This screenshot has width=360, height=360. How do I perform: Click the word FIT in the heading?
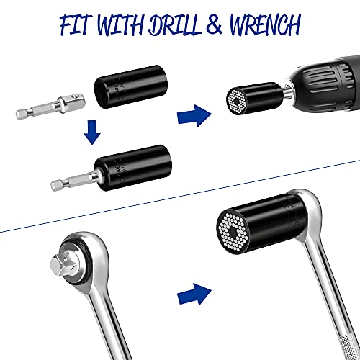(79, 27)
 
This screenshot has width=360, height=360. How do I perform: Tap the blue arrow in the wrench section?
(193, 292)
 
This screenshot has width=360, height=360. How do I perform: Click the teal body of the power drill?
(331, 79)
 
